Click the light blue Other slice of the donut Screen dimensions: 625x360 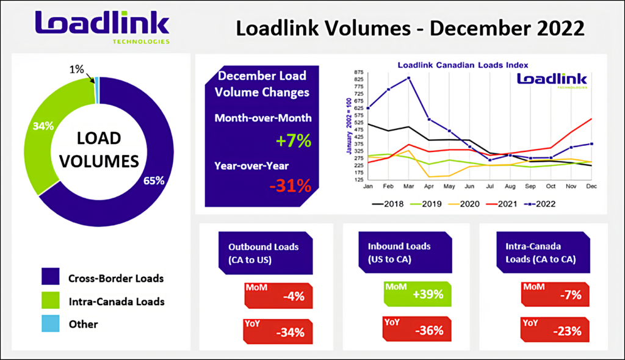[x=97, y=90]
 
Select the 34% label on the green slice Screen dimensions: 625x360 [x=43, y=126]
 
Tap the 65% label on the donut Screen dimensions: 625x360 [x=154, y=181]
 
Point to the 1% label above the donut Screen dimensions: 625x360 [x=76, y=70]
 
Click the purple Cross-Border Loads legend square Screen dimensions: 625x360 [x=51, y=276]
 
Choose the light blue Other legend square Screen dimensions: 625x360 [x=51, y=323]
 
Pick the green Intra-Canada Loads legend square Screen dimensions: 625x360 [x=51, y=300]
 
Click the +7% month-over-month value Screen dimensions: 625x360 [x=294, y=141]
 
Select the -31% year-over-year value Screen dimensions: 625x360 [x=290, y=185]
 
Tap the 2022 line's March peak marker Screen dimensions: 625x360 [x=408, y=78]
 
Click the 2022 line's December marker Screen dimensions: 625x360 [x=591, y=144]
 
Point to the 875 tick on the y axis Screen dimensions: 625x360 [x=358, y=72]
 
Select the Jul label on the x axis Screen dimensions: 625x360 [x=490, y=186]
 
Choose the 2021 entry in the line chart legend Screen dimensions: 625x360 [x=502, y=204]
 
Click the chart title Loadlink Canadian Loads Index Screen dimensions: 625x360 [x=463, y=65]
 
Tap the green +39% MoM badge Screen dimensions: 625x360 [x=417, y=294]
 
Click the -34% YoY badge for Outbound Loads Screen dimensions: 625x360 [x=278, y=331]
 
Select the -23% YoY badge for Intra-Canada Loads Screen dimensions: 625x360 [x=555, y=329]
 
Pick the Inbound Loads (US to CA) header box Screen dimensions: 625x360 [x=405, y=253]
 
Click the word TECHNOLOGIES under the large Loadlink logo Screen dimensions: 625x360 [x=141, y=41]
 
